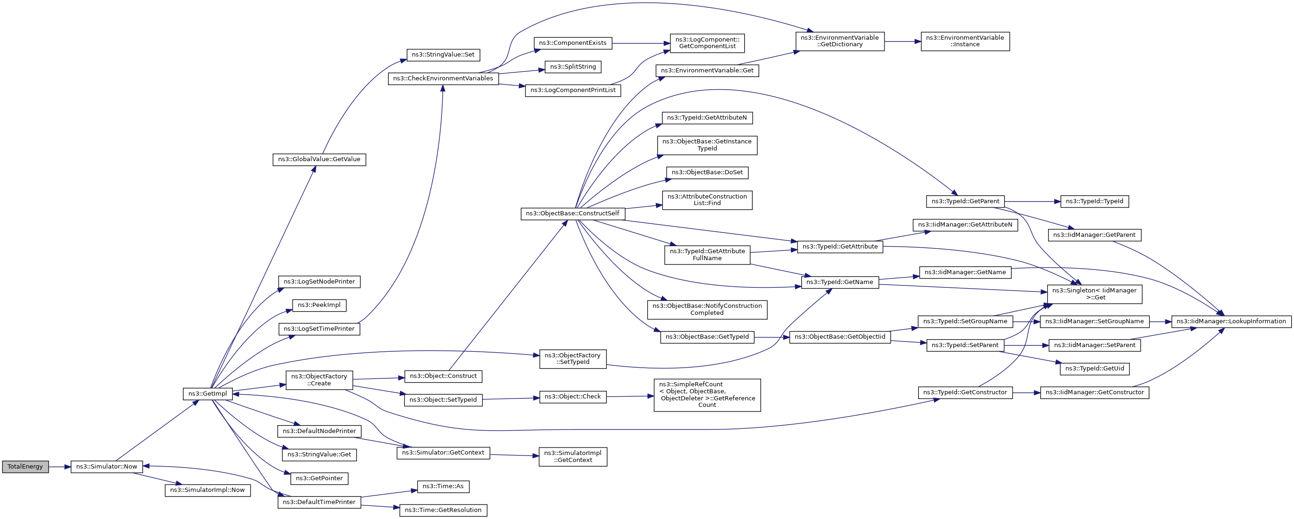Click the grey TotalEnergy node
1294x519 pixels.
tap(25, 467)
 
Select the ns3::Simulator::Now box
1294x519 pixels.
tap(107, 467)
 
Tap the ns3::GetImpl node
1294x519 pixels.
tap(208, 394)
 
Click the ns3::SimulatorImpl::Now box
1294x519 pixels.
tap(208, 490)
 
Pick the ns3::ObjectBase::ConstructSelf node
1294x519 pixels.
tap(573, 213)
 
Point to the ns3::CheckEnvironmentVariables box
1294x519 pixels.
tap(443, 78)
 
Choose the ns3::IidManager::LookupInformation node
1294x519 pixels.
tap(1231, 321)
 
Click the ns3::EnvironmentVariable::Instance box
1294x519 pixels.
tap(965, 41)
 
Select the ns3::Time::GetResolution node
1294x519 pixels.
tap(443, 510)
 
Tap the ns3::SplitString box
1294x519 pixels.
tap(573, 67)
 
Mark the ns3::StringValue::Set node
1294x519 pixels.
tap(443, 55)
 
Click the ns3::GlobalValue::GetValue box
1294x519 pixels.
tap(319, 159)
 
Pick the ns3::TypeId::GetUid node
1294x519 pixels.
tap(1094, 369)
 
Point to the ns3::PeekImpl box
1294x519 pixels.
tap(319, 305)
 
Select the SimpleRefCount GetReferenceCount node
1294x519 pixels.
tap(707, 395)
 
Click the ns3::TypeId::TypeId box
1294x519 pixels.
tap(1094, 201)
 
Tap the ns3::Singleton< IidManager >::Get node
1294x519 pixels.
tap(1094, 294)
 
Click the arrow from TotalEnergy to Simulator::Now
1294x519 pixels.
tap(60, 467)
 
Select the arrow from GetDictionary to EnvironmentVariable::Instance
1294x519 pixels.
tap(902, 42)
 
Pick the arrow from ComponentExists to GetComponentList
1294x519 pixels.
tap(641, 43)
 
